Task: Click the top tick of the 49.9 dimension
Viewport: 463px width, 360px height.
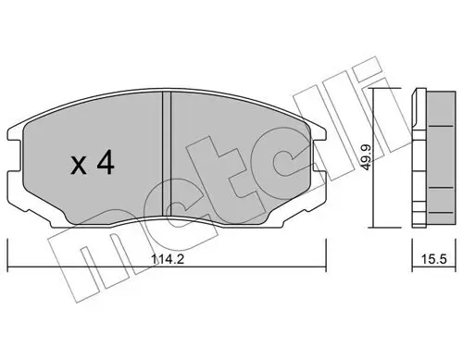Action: [x=376, y=91]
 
